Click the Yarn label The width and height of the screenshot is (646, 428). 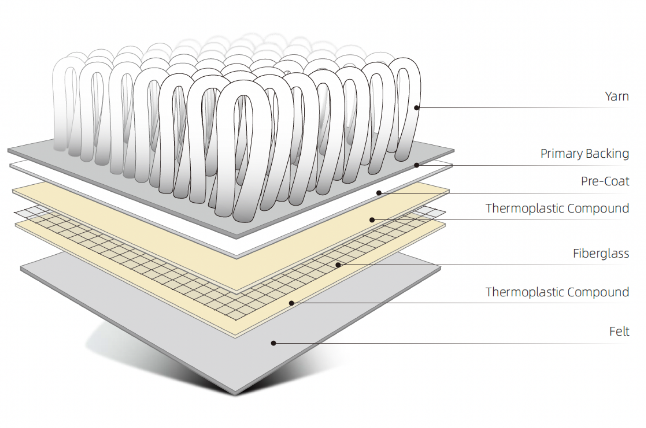pos(617,96)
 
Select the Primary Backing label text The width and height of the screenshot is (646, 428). pos(585,154)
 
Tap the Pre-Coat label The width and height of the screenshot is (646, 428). pos(605,182)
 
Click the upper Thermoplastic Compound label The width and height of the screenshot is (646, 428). pos(557,209)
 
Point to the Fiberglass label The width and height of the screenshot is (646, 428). pos(601,254)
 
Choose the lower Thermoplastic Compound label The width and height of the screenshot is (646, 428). pos(557,292)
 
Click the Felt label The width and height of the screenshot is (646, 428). pos(619,332)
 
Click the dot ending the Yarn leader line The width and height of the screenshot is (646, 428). pos(417,108)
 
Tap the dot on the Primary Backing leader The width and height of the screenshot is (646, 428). pos(417,165)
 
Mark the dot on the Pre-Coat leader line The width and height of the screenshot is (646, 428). pos(379,193)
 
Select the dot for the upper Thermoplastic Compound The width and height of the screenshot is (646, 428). pos(372,220)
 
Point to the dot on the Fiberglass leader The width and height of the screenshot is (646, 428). pos(338,265)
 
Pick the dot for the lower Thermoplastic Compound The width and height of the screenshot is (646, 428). pos(291,303)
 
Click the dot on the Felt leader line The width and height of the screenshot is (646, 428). pos(274,343)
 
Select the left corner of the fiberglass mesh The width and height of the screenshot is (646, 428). pos(15,212)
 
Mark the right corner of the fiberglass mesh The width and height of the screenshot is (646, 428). pos(445,213)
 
